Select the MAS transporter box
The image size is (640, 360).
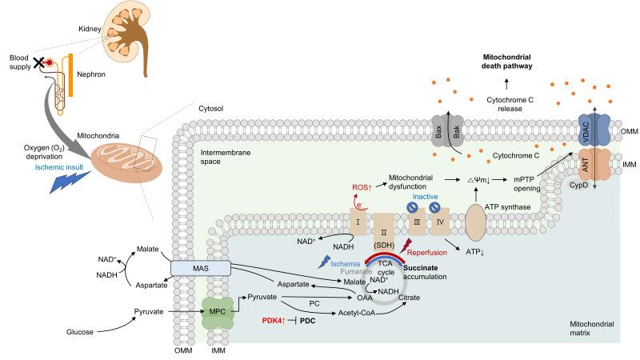click(x=201, y=267)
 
